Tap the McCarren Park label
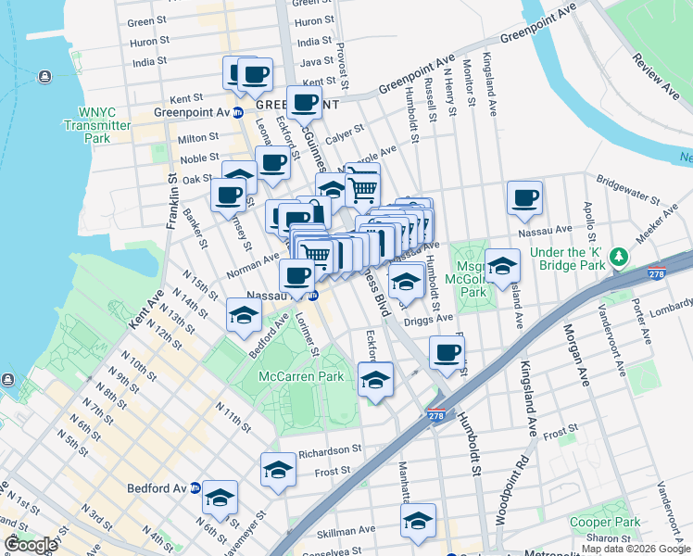click(300, 376)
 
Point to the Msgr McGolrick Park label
click(472, 278)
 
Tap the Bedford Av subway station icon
click(195, 487)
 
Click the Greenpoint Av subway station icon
click(237, 113)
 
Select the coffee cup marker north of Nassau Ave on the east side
click(524, 197)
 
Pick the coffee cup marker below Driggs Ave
click(447, 353)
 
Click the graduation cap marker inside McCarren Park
click(375, 380)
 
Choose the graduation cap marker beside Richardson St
click(278, 470)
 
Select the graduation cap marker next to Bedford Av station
click(220, 498)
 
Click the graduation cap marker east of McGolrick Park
click(502, 266)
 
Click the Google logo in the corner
click(31, 545)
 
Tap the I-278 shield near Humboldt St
click(435, 416)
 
